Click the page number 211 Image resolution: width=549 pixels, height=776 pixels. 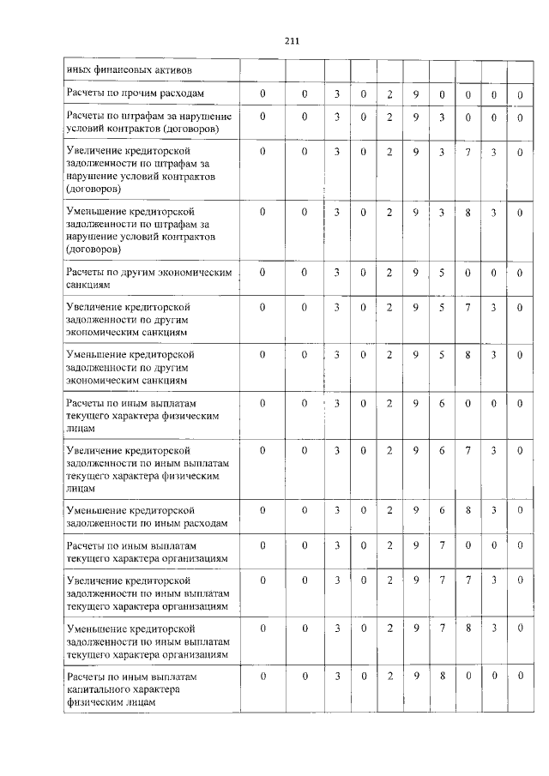pos(290,39)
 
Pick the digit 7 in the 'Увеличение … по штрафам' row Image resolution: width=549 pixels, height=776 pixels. pos(468,152)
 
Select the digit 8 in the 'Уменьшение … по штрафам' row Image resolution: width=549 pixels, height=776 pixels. pos(468,212)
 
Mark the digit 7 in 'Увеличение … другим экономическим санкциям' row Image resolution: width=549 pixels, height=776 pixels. pos(468,306)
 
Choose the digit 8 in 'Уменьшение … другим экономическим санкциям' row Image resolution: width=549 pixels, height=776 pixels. pos(468,354)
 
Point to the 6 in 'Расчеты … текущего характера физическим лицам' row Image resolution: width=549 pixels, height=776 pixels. pos(441,402)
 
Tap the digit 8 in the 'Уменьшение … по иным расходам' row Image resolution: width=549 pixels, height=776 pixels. pos(468,510)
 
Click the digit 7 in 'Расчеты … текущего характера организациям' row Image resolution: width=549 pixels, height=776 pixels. pos(441,545)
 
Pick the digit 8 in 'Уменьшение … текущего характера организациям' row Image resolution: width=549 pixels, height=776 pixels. pos(468,629)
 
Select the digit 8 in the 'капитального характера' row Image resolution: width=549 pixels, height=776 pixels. pos(441,676)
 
